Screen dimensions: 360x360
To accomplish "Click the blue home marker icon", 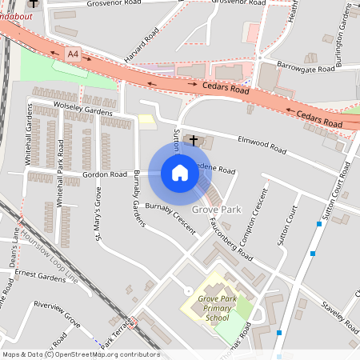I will [180, 172].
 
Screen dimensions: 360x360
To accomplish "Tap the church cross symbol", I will [194, 141].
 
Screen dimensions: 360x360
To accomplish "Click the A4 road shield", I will [74, 54].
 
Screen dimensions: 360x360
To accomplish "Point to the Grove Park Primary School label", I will [218, 307].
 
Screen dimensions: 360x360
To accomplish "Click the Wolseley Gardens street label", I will [83, 106].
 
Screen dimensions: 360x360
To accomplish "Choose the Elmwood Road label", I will [262, 145].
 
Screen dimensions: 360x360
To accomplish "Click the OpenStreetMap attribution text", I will [80, 354].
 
